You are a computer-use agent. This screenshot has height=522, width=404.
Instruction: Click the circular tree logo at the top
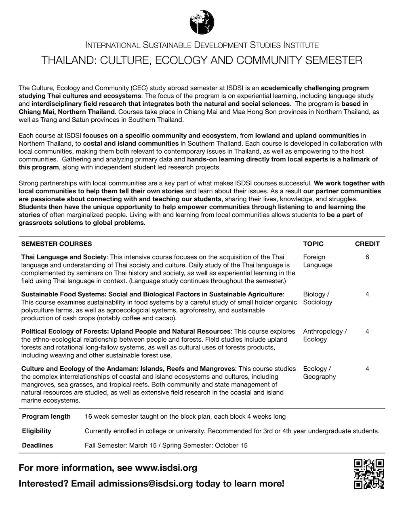pos(202,22)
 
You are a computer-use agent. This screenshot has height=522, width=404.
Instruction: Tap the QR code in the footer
pos(368,474)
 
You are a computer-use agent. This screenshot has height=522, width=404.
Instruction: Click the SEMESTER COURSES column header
pos(57,244)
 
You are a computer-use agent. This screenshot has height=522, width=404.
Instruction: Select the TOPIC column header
pos(313,244)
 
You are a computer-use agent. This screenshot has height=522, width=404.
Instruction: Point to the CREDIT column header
pos(367,244)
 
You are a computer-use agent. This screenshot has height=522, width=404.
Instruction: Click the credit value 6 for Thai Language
pos(367,257)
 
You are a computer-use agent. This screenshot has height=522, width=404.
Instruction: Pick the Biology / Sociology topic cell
pos(318,298)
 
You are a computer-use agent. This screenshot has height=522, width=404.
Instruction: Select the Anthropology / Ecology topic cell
pos(325,335)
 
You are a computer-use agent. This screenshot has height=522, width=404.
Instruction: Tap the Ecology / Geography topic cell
pos(319,372)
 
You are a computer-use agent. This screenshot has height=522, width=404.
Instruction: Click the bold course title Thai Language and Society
pos(64,257)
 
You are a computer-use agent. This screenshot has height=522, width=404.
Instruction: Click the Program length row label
pos(46,416)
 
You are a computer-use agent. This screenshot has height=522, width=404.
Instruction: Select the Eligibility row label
pos(36,431)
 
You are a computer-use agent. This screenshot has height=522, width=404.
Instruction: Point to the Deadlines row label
pos(37,445)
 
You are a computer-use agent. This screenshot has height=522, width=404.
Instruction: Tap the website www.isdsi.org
pos(166,468)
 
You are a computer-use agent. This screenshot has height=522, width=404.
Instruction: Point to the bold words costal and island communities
pos(131,143)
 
